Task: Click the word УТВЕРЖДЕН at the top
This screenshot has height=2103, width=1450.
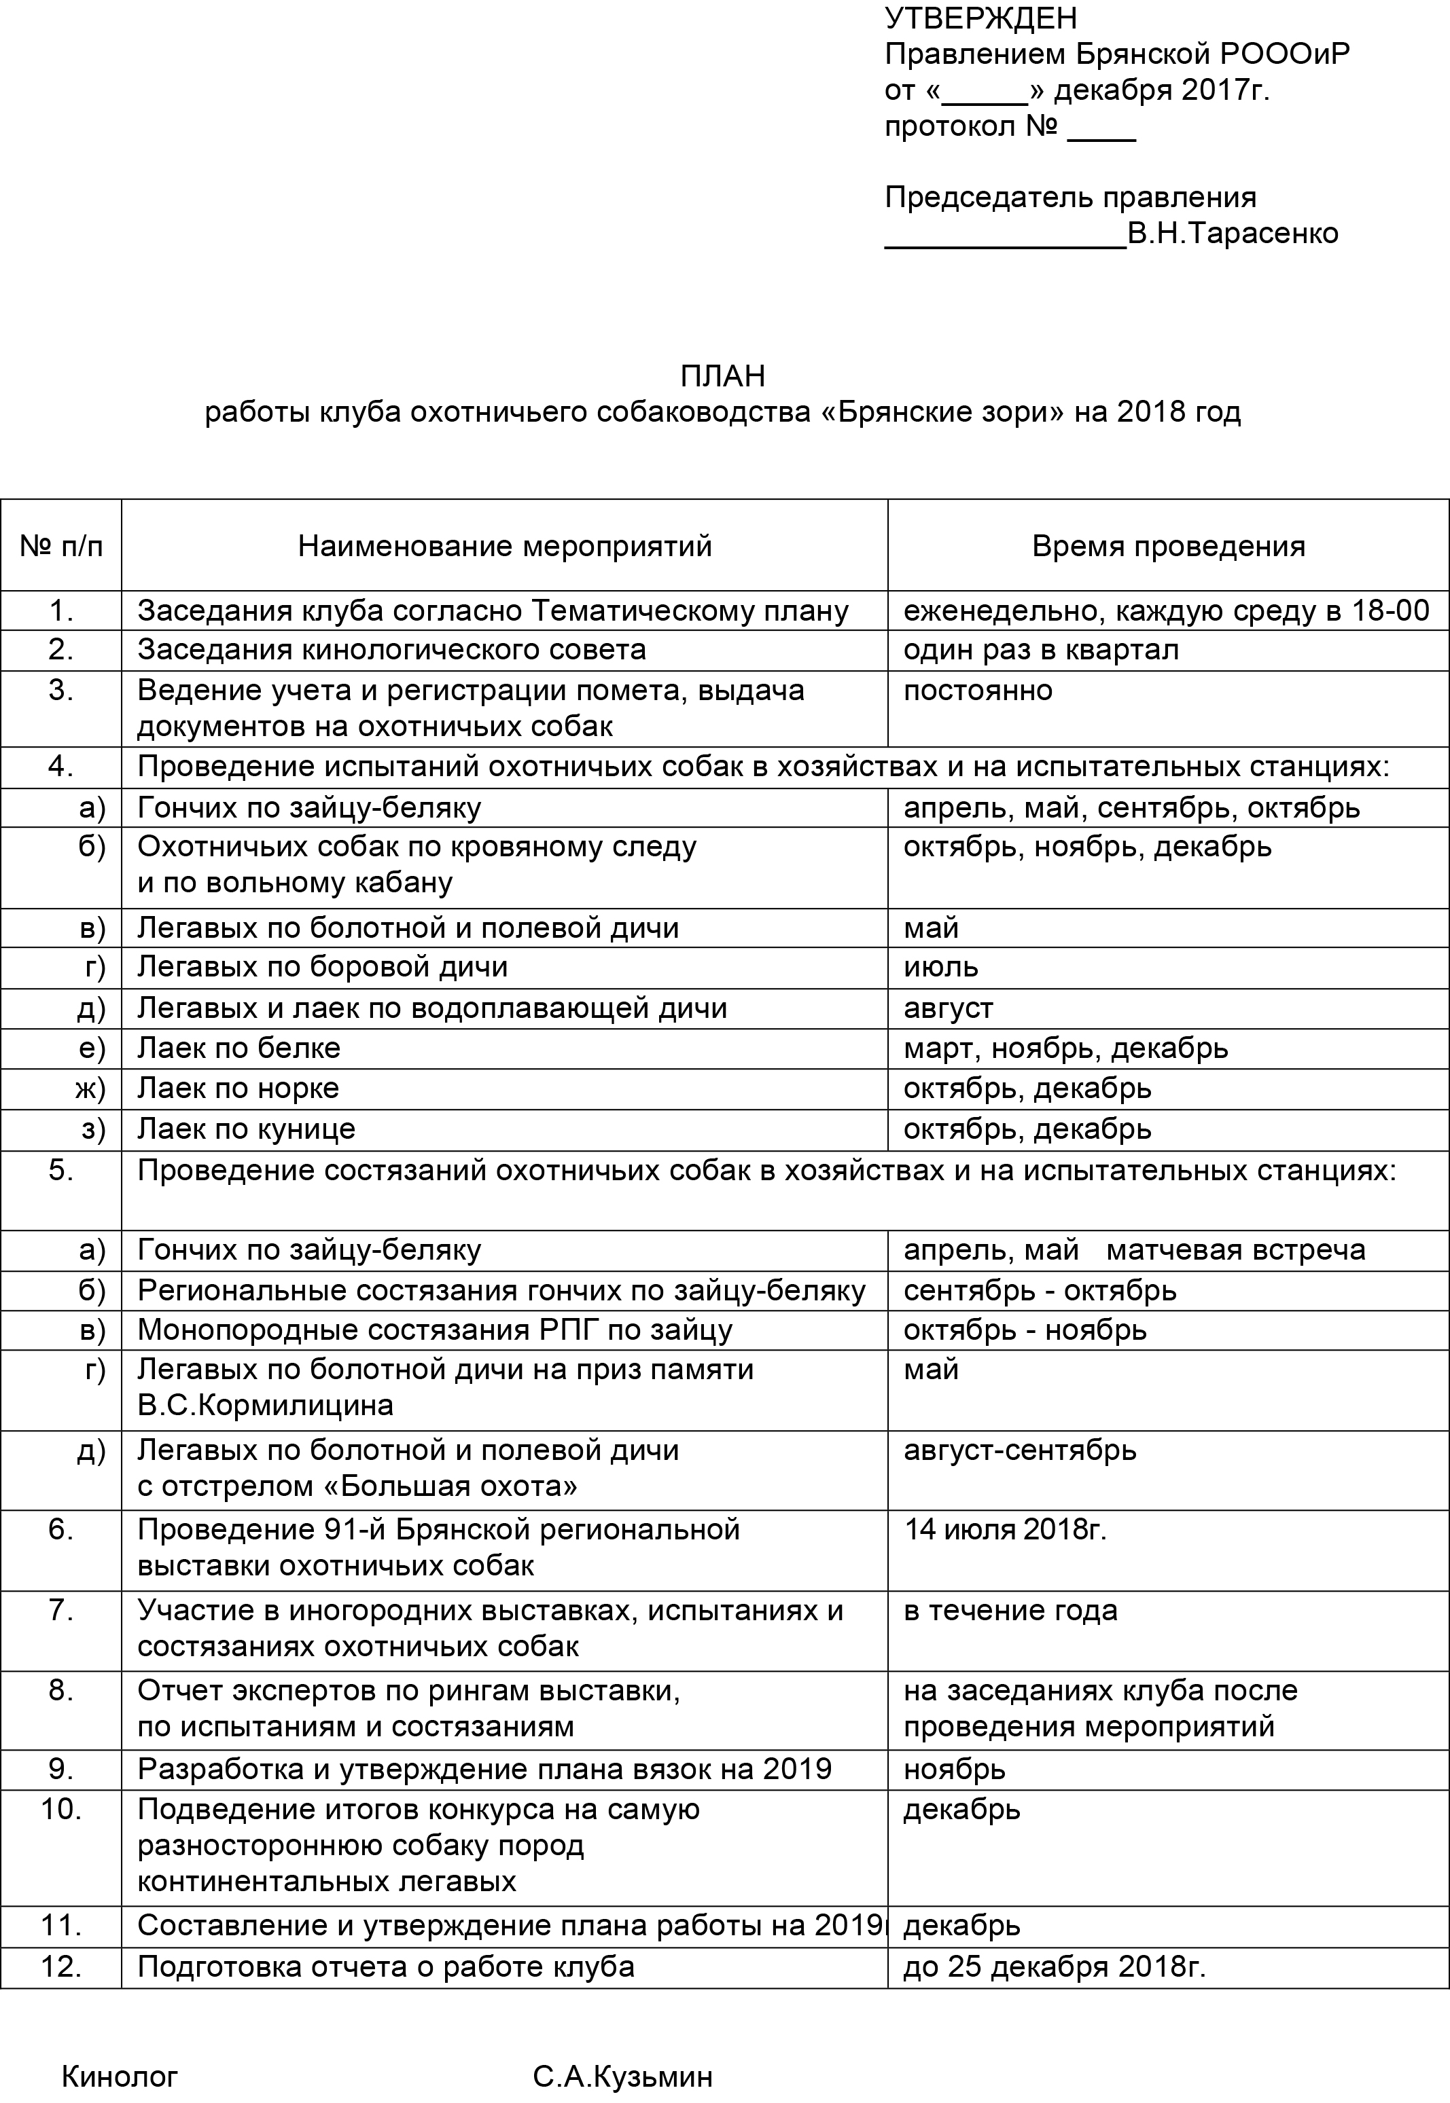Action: (980, 18)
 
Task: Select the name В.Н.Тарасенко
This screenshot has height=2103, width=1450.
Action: (1232, 234)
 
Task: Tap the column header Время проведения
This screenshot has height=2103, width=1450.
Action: (1169, 546)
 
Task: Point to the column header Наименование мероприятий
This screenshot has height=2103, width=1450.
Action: (504, 546)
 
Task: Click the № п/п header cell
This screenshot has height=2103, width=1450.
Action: (61, 546)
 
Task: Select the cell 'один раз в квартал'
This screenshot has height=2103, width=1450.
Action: (1040, 650)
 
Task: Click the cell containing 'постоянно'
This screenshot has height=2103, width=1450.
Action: (978, 690)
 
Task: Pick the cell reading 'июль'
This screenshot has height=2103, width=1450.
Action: (940, 966)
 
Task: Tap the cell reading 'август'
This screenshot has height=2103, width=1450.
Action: (948, 1008)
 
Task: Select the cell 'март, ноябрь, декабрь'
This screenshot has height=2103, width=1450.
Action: (1065, 1048)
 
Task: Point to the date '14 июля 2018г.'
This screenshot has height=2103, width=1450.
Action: (1005, 1530)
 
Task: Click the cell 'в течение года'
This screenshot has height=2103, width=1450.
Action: (1010, 1610)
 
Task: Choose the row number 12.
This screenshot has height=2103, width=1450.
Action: (61, 1967)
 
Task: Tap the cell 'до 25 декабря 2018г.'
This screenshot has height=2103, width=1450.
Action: (1054, 1967)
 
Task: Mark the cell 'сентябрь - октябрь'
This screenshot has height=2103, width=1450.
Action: (1040, 1290)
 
